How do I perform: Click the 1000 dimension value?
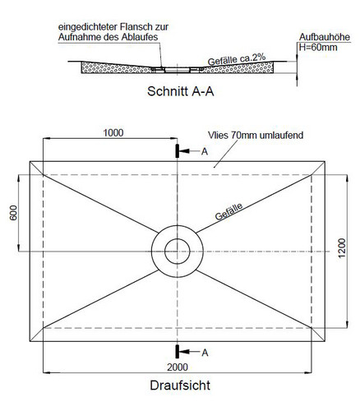click(x=113, y=133)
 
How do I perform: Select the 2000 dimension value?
click(x=178, y=367)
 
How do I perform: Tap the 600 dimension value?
click(x=13, y=213)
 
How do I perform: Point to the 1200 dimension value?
click(x=342, y=248)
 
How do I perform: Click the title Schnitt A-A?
click(x=180, y=91)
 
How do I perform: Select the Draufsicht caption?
click(x=180, y=386)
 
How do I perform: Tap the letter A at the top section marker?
click(x=205, y=151)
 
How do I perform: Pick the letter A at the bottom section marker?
click(x=205, y=353)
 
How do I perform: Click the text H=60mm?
click(x=318, y=47)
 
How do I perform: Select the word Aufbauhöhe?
click(x=325, y=37)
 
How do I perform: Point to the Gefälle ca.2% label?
click(x=237, y=59)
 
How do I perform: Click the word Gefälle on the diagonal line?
click(x=229, y=211)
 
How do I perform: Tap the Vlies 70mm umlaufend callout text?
click(x=256, y=135)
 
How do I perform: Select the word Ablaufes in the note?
click(x=140, y=37)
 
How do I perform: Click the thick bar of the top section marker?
click(x=178, y=151)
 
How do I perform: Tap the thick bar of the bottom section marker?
click(x=178, y=351)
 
